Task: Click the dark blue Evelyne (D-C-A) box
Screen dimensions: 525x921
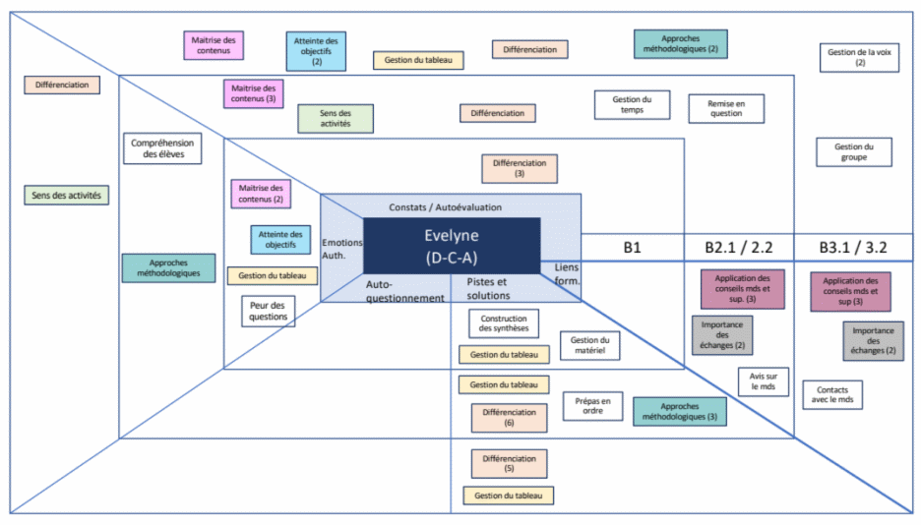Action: pyautogui.click(x=452, y=246)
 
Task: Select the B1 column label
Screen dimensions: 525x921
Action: pyautogui.click(x=632, y=248)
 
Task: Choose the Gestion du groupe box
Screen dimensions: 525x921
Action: pyautogui.click(x=853, y=151)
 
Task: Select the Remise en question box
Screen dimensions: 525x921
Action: pyautogui.click(x=727, y=108)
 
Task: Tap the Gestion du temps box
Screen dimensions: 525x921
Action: pyautogui.click(x=632, y=104)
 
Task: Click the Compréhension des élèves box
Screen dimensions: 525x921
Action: pyautogui.click(x=163, y=148)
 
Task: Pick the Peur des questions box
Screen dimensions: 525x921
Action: pyautogui.click(x=268, y=311)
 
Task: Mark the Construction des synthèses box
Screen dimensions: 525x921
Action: pyautogui.click(x=504, y=323)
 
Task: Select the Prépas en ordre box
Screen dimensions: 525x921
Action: pyautogui.click(x=592, y=405)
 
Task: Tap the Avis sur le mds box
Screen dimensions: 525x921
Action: pyautogui.click(x=763, y=381)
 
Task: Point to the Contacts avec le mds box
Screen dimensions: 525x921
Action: pyautogui.click(x=832, y=396)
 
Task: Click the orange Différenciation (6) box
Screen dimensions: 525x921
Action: pyautogui.click(x=509, y=418)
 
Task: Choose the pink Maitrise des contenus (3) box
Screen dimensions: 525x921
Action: pyautogui.click(x=255, y=93)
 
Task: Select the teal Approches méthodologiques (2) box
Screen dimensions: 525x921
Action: pyautogui.click(x=680, y=42)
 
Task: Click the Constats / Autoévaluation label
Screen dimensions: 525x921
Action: pyautogui.click(x=445, y=207)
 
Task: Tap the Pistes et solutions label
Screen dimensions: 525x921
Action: pyautogui.click(x=488, y=289)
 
